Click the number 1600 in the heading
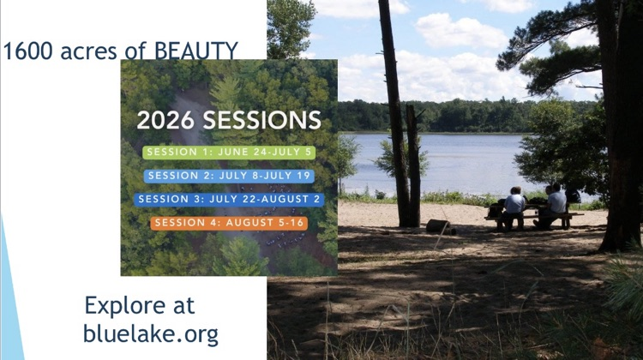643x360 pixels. point(28,51)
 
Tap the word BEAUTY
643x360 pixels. point(196,51)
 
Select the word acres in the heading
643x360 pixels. point(88,51)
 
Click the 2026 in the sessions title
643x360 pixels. point(165,120)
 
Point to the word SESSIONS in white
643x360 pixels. point(262,120)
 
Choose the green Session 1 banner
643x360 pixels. point(229,152)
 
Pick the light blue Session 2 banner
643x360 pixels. point(229,176)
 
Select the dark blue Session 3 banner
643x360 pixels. point(229,199)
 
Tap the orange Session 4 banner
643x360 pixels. point(229,223)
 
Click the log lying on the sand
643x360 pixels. point(440,226)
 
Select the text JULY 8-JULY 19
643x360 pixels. point(265,176)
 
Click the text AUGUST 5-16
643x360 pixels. point(265,223)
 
